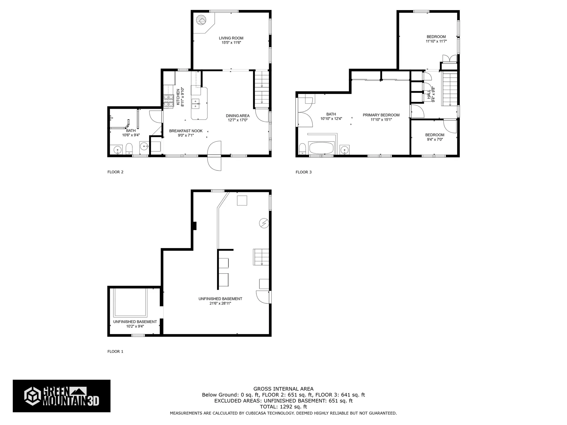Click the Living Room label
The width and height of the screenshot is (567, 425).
[x=231, y=38]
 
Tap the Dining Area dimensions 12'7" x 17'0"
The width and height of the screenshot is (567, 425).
[x=237, y=120]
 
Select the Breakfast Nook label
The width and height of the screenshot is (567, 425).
[x=186, y=131]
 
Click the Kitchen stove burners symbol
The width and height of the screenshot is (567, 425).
[x=168, y=100]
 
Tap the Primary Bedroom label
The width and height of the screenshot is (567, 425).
[x=381, y=115]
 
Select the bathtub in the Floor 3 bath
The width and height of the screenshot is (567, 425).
[x=321, y=148]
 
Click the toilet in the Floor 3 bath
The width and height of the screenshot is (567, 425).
[x=302, y=149]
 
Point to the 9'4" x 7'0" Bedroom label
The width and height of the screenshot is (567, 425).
[x=435, y=135]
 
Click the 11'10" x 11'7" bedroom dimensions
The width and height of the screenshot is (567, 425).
[x=436, y=41]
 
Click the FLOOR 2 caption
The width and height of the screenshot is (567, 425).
[x=115, y=172]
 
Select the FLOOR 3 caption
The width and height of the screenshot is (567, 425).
[x=304, y=172]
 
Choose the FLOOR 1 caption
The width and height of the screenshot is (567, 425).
[x=115, y=352]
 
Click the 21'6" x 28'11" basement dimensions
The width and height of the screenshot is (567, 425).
[x=220, y=303]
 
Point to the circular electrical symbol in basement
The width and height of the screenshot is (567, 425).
[x=264, y=223]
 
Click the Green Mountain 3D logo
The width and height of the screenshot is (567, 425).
[x=61, y=396]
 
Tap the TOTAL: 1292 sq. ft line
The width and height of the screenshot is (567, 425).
[x=283, y=407]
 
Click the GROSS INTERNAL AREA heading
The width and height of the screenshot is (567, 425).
[x=283, y=389]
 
